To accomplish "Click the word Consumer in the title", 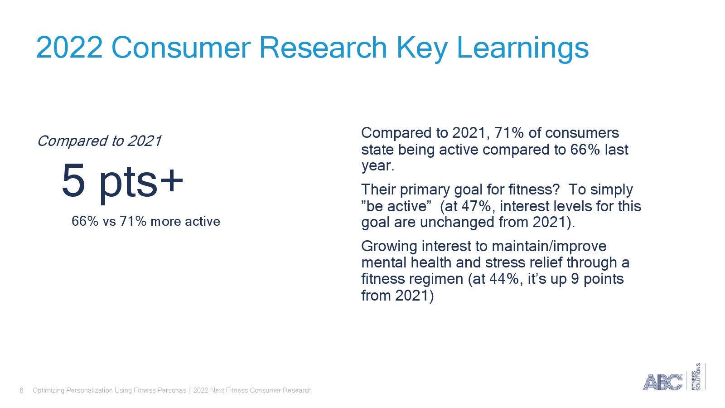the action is click(181, 48).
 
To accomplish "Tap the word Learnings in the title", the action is click(522, 49).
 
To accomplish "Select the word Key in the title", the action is click(422, 49).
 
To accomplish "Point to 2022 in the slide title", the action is click(69, 48).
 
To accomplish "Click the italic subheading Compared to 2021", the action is click(99, 141).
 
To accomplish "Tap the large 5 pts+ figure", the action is click(122, 181).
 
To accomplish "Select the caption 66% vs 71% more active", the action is click(145, 222).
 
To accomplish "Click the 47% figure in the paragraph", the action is click(476, 206).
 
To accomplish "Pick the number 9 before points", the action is click(575, 279).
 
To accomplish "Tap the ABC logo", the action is click(662, 382).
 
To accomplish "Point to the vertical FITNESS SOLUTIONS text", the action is click(696, 377).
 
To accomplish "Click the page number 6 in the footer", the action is click(21, 390).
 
